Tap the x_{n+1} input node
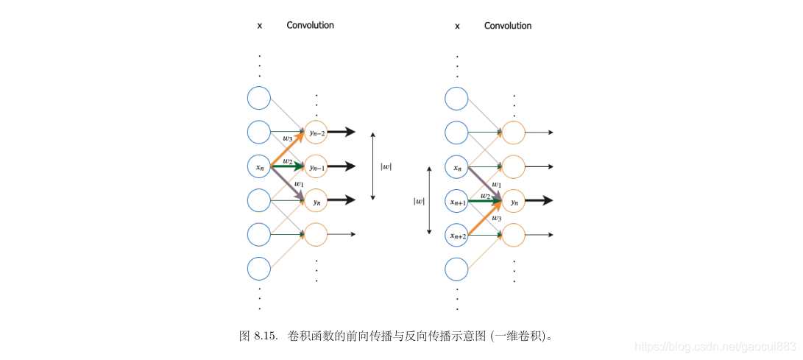click(x=456, y=200)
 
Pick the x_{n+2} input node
click(x=456, y=235)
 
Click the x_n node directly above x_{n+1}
click(x=456, y=167)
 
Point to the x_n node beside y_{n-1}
click(x=259, y=167)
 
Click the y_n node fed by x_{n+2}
click(x=513, y=200)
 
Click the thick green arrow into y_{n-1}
click(x=287, y=166)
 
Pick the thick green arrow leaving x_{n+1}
click(x=484, y=200)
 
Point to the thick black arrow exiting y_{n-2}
click(x=341, y=133)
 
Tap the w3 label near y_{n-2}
click(x=288, y=138)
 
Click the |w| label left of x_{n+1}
click(x=419, y=200)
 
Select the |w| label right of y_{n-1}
click(x=386, y=166)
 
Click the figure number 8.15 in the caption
click(x=265, y=336)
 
